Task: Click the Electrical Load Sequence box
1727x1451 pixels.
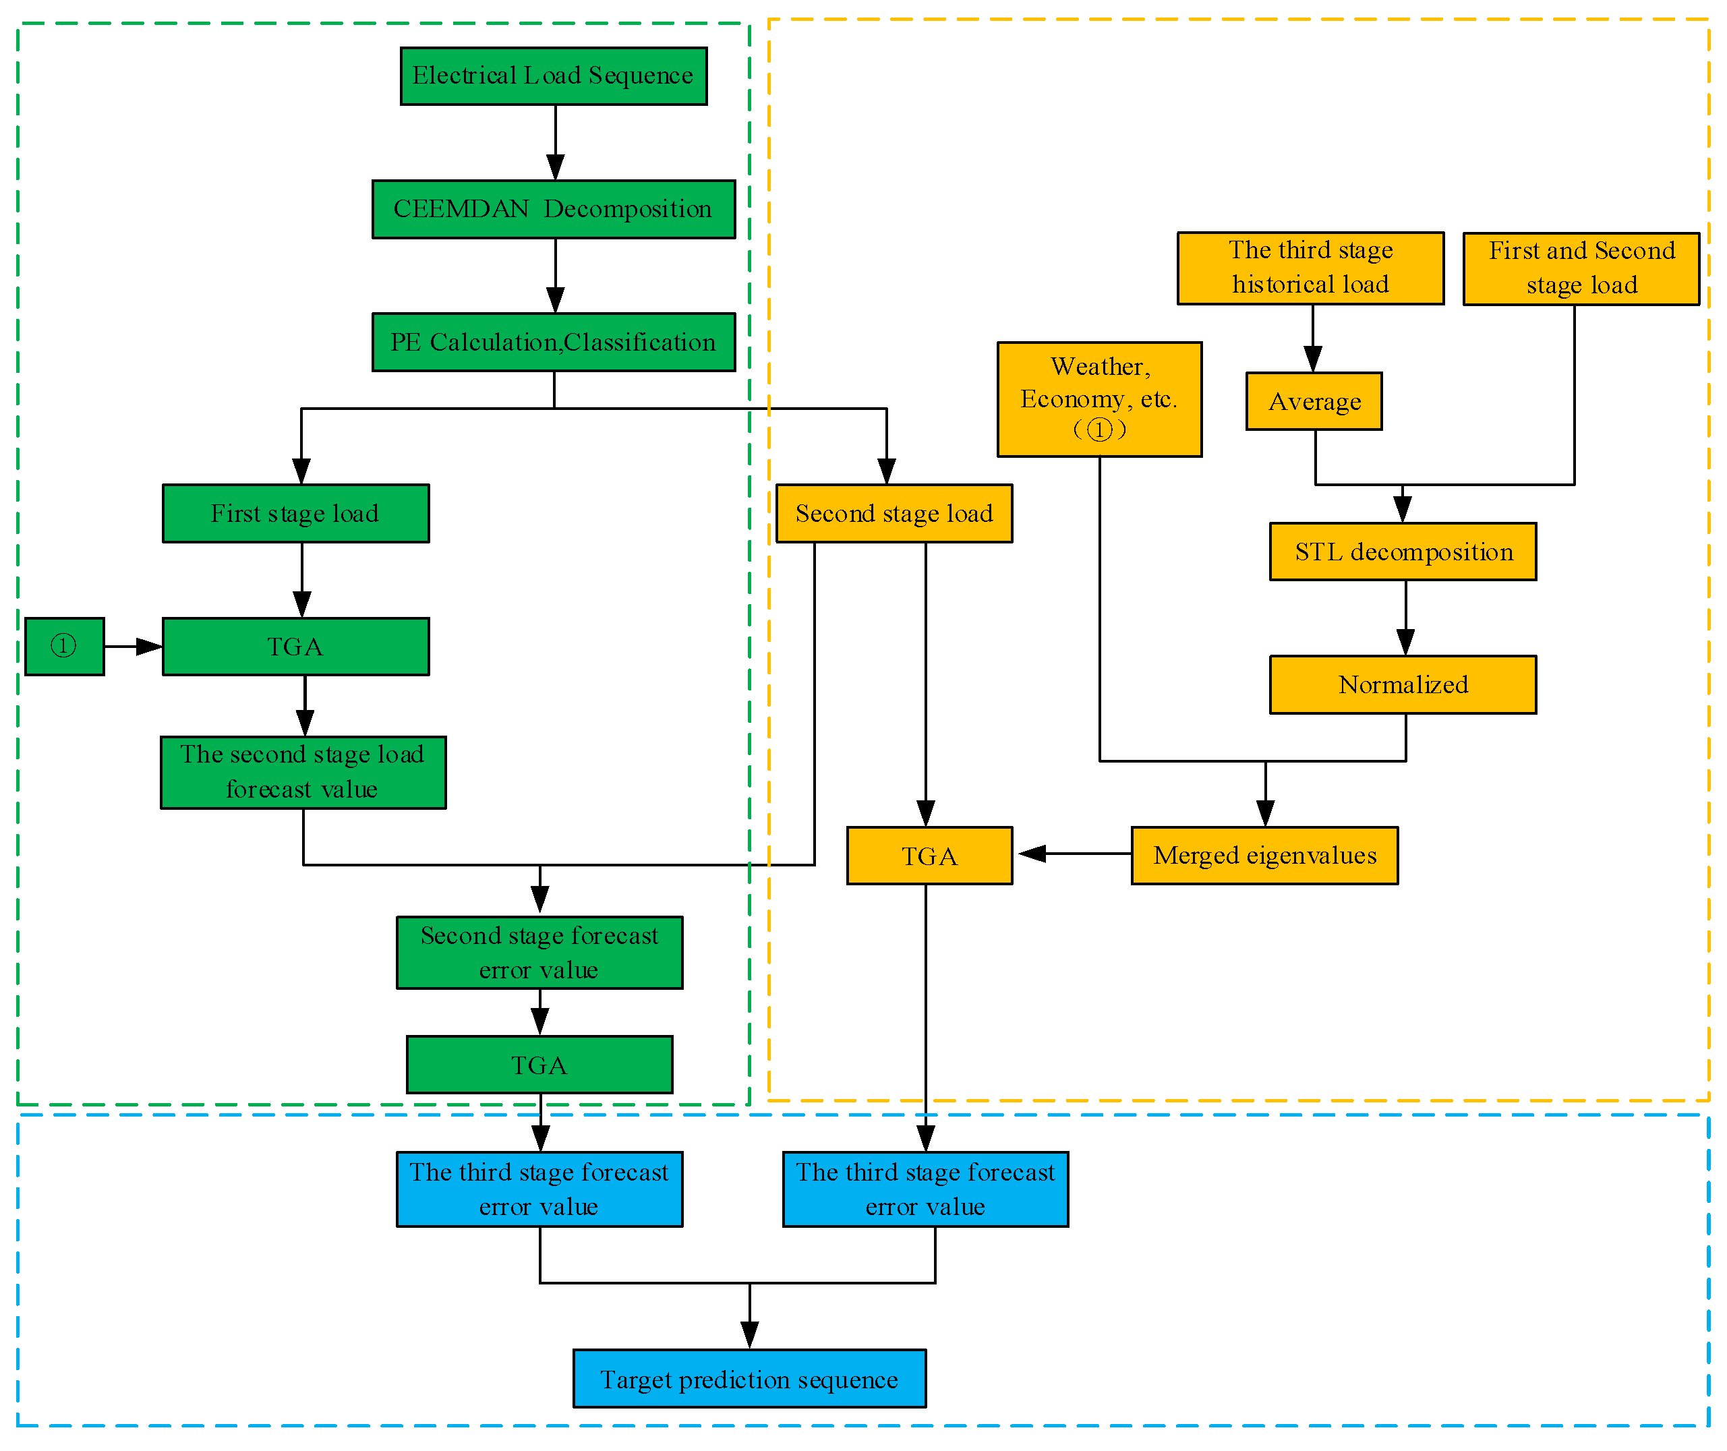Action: (x=553, y=76)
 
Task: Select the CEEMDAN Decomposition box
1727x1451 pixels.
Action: (x=553, y=209)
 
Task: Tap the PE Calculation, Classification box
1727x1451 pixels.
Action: (x=553, y=343)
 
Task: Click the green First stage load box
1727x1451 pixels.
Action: (x=295, y=513)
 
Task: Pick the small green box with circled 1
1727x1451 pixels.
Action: (x=64, y=647)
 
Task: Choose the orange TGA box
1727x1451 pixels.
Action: (x=929, y=856)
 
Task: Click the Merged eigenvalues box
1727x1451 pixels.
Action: (x=1264, y=856)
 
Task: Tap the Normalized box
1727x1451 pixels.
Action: (x=1402, y=684)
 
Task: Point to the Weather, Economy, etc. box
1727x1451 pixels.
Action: (x=1099, y=399)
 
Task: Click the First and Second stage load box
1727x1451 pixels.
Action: (x=1581, y=268)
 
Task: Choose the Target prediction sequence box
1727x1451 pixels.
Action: (x=749, y=1379)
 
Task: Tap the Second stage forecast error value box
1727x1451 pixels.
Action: (x=539, y=953)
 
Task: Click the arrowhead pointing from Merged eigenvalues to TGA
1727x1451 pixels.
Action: (x=1032, y=854)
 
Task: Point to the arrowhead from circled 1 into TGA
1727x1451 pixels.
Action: (x=149, y=647)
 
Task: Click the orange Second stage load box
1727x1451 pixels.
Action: (x=894, y=513)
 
